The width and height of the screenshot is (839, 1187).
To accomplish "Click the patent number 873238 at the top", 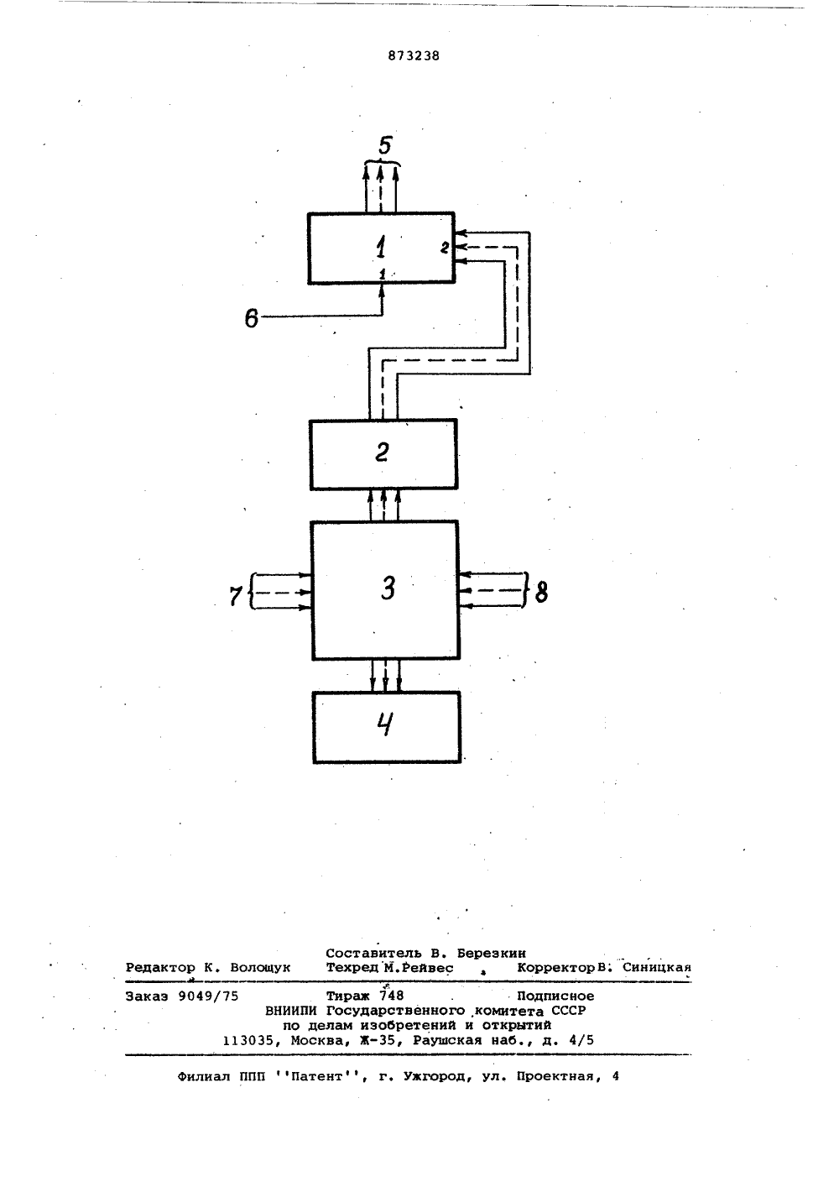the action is click(414, 56).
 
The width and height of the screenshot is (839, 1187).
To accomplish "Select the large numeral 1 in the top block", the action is click(381, 248).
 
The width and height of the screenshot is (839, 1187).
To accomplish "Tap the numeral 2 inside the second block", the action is click(382, 452).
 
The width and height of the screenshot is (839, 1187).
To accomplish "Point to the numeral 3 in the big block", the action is click(388, 588).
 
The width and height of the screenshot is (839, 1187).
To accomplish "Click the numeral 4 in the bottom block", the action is click(386, 724).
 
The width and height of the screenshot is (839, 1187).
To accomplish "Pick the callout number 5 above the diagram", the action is click(385, 145).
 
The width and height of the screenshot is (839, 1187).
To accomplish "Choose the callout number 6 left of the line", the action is click(251, 318).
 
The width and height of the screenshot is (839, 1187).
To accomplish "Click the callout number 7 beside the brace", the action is click(235, 596).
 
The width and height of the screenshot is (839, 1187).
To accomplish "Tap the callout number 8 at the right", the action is click(541, 592).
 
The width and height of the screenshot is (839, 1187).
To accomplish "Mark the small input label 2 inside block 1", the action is click(445, 247).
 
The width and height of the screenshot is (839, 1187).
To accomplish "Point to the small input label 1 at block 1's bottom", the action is click(383, 274).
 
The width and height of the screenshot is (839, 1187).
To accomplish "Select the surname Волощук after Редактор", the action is click(260, 968).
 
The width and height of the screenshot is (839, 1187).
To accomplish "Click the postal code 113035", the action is click(248, 1041).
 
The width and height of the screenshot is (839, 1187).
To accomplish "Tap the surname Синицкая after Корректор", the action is click(657, 967).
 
